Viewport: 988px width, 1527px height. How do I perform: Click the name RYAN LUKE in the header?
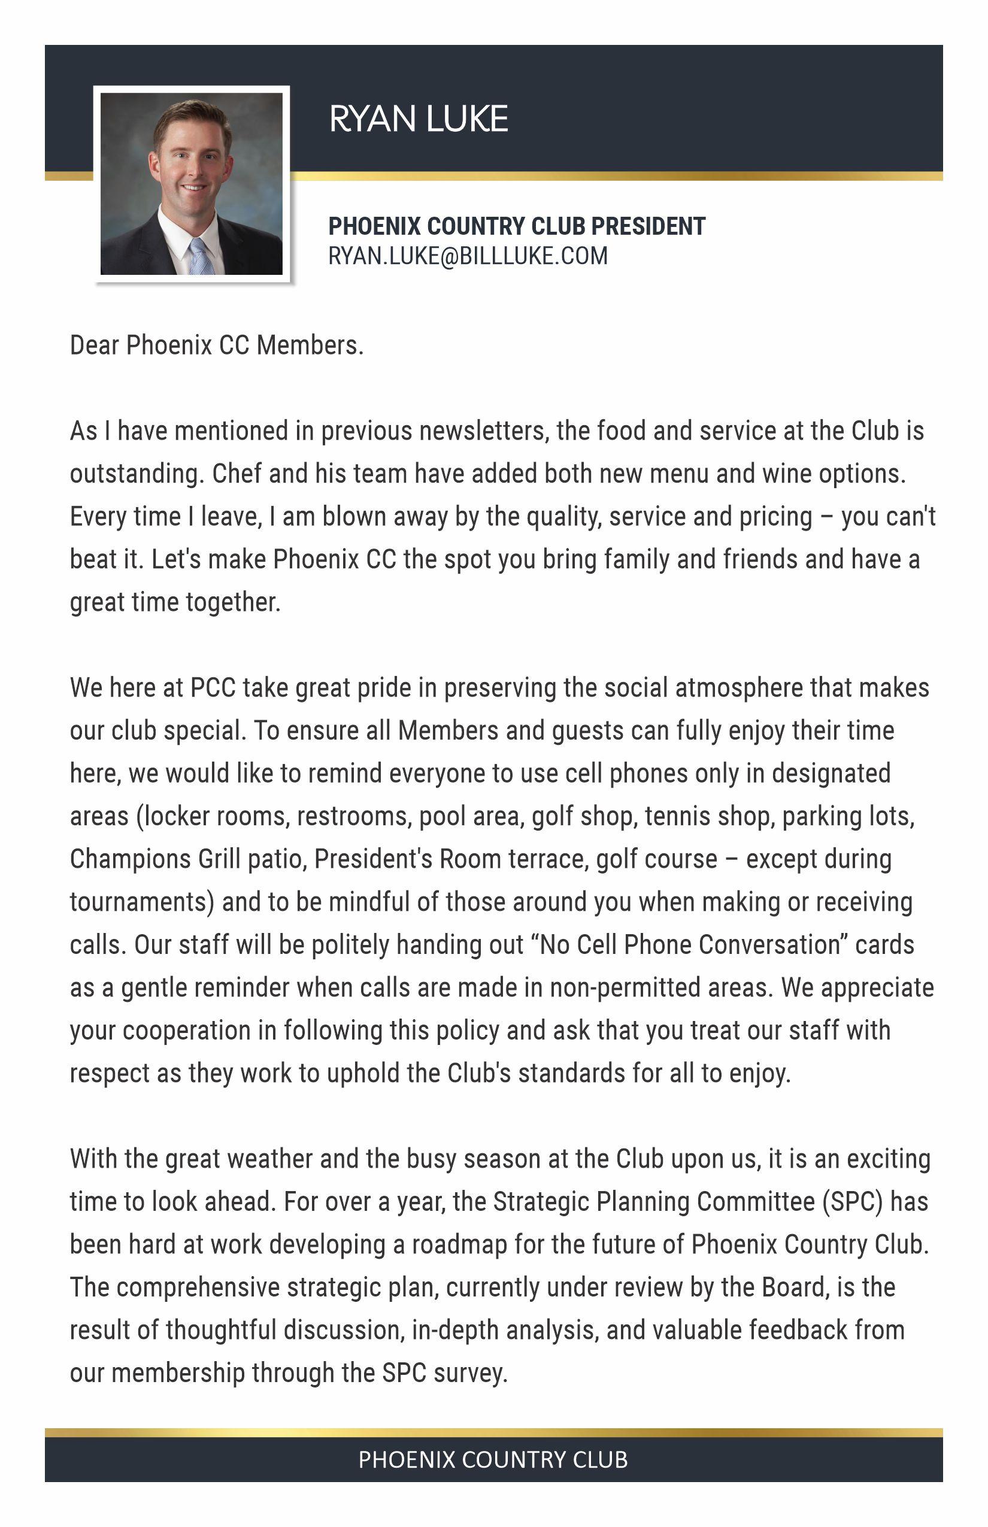pos(419,119)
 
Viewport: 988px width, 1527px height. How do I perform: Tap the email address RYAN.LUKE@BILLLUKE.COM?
pos(468,256)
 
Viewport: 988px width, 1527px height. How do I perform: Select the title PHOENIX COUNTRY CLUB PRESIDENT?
pos(516,226)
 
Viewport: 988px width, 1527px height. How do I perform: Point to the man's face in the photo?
pos(191,163)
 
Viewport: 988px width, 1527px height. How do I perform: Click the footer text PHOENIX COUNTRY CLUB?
pos(493,1460)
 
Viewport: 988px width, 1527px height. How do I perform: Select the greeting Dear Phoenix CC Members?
pos(217,345)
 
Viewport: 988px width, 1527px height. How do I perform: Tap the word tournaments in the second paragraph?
pos(141,902)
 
